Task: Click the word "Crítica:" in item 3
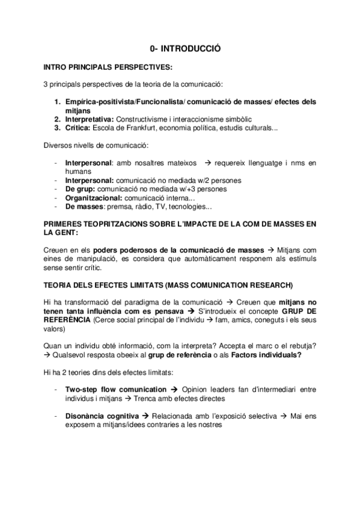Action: (x=79, y=128)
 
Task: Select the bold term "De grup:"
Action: (x=79, y=188)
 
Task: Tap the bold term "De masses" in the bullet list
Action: (x=84, y=206)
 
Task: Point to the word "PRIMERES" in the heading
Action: (x=64, y=224)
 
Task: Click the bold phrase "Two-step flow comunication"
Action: (x=115, y=389)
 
